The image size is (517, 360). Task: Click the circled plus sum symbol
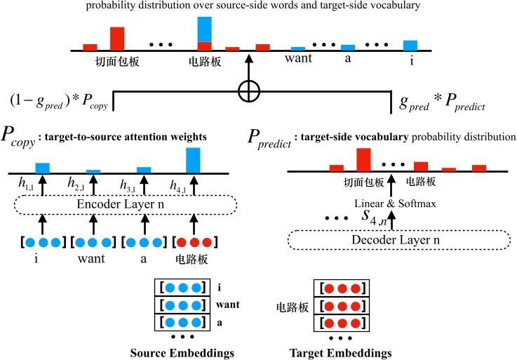point(248,91)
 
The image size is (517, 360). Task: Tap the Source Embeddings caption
point(182,352)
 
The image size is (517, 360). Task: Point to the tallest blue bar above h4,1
point(193,160)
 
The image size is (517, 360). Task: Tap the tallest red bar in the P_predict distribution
point(363,160)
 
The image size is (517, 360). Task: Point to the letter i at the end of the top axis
point(411,60)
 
